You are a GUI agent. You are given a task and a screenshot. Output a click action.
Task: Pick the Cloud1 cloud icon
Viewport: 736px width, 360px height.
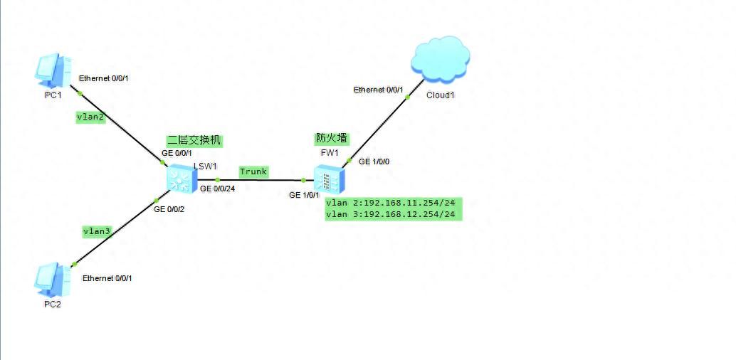pyautogui.click(x=439, y=59)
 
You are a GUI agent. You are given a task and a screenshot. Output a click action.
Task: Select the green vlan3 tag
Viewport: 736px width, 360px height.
pyautogui.click(x=95, y=231)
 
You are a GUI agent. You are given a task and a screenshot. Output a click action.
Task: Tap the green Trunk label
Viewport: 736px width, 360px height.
pyautogui.click(x=253, y=171)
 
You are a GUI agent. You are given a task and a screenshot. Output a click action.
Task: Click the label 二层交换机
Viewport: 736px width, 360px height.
pyautogui.click(x=194, y=141)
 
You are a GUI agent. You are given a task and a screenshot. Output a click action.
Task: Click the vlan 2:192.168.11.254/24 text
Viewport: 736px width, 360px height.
pyautogui.click(x=390, y=203)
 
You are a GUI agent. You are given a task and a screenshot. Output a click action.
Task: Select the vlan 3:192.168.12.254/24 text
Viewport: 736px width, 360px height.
pyautogui.click(x=390, y=214)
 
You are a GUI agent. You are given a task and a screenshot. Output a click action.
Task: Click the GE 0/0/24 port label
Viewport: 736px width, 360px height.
pyautogui.click(x=219, y=189)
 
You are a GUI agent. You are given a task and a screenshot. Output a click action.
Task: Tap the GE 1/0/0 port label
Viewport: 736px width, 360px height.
pyautogui.click(x=374, y=162)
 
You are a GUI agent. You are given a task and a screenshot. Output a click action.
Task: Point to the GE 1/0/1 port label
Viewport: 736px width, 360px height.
pyautogui.click(x=304, y=194)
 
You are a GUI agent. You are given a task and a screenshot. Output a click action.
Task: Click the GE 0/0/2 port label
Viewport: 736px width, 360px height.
pyautogui.click(x=169, y=208)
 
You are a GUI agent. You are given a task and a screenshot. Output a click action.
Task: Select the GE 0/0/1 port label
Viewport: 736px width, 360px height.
pyautogui.click(x=177, y=153)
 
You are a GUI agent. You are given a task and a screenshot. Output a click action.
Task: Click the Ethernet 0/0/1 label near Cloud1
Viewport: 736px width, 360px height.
pyautogui.click(x=379, y=90)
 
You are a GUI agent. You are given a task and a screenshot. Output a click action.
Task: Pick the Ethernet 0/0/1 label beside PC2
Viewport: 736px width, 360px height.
pyautogui.click(x=107, y=278)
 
